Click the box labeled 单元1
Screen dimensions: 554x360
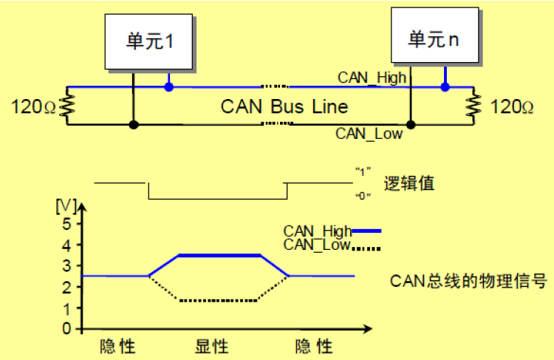pyautogui.click(x=148, y=41)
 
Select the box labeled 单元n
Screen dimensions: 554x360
pyautogui.click(x=435, y=35)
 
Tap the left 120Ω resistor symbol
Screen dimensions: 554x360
pyautogui.click(x=67, y=106)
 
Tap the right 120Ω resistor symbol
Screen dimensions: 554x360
pyautogui.click(x=473, y=106)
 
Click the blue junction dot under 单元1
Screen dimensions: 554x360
pyautogui.click(x=169, y=86)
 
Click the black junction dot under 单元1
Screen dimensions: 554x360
pyautogui.click(x=134, y=124)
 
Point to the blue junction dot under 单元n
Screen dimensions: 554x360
pyautogui.click(x=445, y=86)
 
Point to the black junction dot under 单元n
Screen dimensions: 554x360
pyautogui.click(x=411, y=124)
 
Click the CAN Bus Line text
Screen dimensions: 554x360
pyautogui.click(x=284, y=106)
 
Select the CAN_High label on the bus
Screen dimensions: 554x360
pyautogui.click(x=372, y=78)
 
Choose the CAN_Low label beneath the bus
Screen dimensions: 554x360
pyautogui.click(x=369, y=134)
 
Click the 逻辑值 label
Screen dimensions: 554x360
pyautogui.click(x=409, y=183)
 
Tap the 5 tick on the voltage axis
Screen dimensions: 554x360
pyautogui.click(x=66, y=223)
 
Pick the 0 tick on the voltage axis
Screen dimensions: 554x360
pyautogui.click(x=66, y=329)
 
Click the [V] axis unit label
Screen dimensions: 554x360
pyautogui.click(x=66, y=206)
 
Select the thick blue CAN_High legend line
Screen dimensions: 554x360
pyautogui.click(x=366, y=231)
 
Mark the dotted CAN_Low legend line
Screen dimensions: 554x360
pyautogui.click(x=366, y=248)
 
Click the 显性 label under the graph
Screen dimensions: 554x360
pyautogui.click(x=212, y=346)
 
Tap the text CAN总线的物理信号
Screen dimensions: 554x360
pyautogui.click(x=468, y=281)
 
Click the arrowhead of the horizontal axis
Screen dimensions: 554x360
pyautogui.click(x=368, y=329)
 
